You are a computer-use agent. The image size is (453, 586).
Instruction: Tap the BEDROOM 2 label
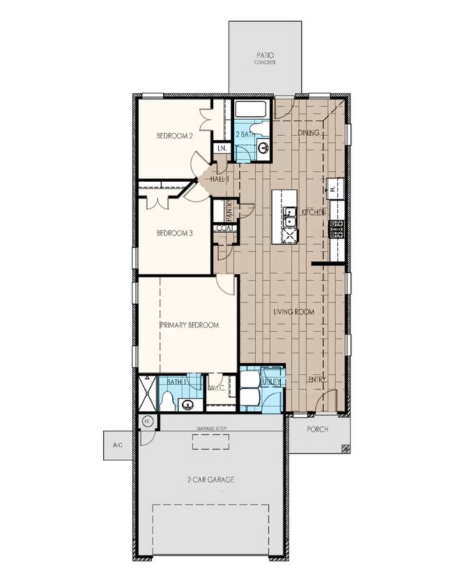tap(174, 135)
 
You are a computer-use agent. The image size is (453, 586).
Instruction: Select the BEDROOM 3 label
tap(174, 233)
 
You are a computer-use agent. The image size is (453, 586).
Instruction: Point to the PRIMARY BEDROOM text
tap(190, 325)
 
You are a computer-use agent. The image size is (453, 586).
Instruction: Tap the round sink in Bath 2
tap(263, 147)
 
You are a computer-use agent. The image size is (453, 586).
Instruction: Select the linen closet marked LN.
tap(222, 148)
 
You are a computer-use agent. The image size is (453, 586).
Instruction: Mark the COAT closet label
tap(224, 228)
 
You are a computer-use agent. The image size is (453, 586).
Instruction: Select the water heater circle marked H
tap(147, 422)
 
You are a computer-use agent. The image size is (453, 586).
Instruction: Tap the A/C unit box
tap(116, 444)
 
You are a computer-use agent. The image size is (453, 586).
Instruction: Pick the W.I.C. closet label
tap(215, 387)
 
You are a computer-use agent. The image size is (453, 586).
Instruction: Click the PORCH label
tap(318, 429)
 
